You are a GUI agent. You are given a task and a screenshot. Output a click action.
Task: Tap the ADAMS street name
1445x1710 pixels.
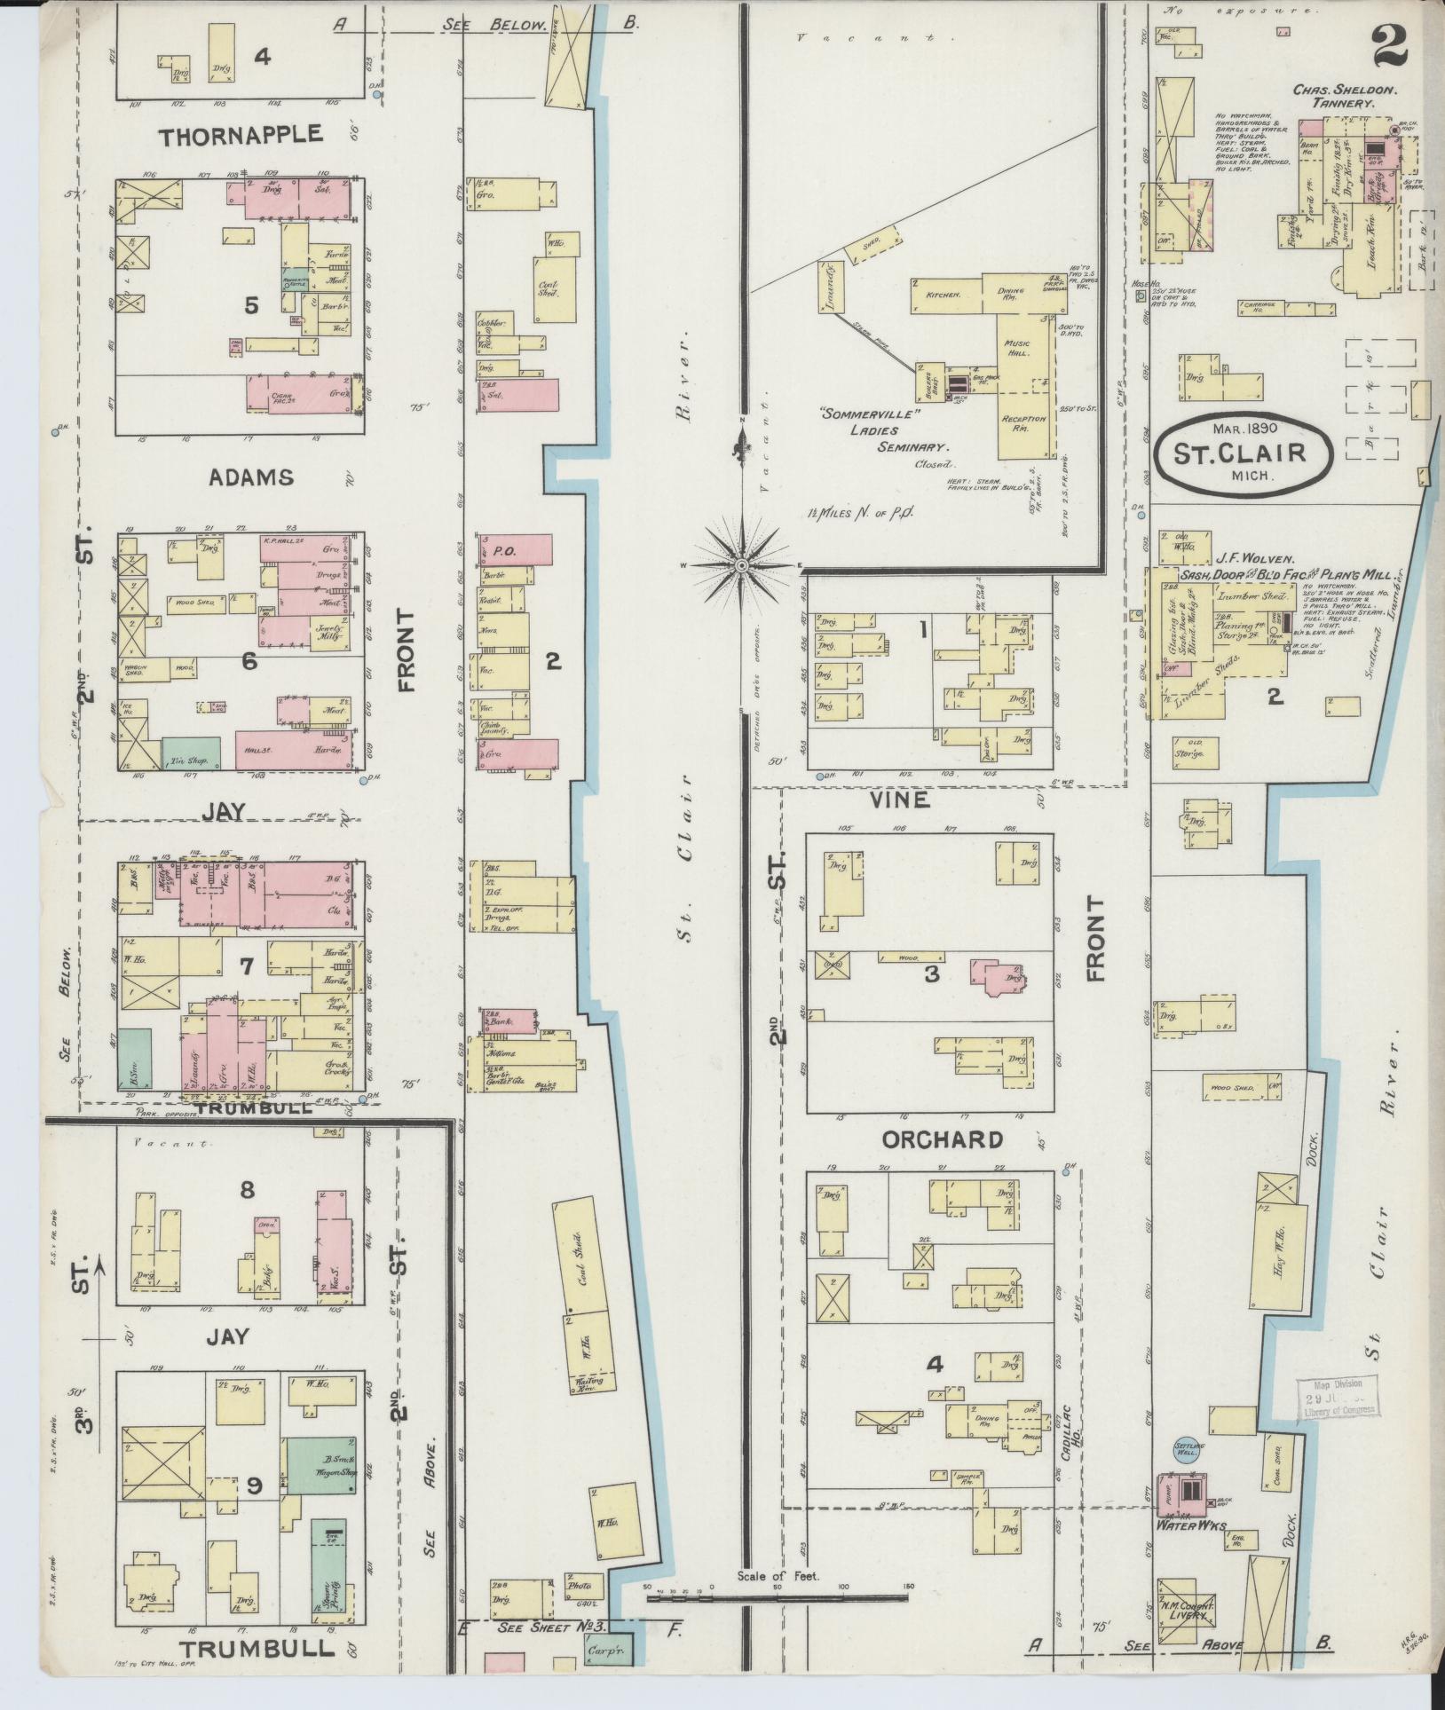pos(251,477)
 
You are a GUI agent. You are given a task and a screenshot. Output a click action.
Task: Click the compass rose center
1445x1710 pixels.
pos(740,564)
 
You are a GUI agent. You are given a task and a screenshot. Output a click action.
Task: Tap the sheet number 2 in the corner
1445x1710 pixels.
pos(1390,45)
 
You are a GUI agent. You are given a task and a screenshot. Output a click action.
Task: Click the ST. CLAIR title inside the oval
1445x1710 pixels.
pos(1242,453)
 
